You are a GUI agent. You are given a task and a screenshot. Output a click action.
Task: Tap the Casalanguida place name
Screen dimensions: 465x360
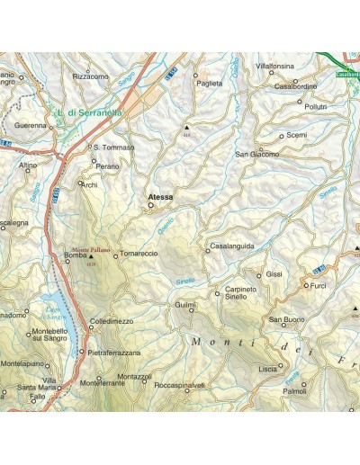[233, 246]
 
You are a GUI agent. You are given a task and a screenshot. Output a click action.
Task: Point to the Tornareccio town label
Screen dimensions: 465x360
[139, 255]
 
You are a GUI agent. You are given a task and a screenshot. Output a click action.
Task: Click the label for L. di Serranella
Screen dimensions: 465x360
[89, 113]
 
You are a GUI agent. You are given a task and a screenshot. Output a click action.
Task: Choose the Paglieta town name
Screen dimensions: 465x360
[208, 83]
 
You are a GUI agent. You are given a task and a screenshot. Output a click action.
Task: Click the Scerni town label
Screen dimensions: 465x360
[297, 135]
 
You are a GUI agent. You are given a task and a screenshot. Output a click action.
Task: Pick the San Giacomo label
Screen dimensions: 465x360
[257, 155]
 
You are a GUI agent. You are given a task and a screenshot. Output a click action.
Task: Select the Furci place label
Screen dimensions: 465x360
[318, 285]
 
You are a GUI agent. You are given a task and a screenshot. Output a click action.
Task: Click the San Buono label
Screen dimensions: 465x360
[287, 320]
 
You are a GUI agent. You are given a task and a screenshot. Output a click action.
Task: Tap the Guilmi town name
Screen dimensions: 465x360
[185, 305]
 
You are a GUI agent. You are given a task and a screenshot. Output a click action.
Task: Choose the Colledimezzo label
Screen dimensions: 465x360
[112, 321]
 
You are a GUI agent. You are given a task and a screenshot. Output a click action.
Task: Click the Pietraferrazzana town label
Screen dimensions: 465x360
[114, 353]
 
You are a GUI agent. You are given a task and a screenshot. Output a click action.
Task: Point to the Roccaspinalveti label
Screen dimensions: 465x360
[180, 385]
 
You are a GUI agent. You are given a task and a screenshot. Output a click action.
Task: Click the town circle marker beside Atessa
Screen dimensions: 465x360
[151, 205]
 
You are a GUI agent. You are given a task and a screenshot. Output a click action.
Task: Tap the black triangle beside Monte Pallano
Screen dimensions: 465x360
[90, 257]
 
